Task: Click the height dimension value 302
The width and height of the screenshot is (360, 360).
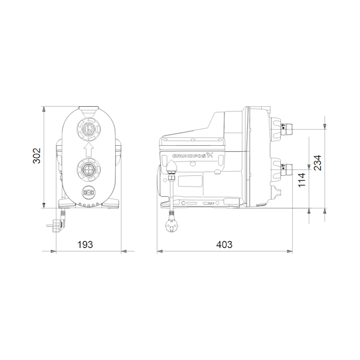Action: pos(37,155)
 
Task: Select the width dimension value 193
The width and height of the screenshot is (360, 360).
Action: pos(85,245)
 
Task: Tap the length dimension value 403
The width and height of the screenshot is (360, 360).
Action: pos(224,245)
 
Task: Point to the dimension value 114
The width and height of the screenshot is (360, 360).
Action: pos(302,180)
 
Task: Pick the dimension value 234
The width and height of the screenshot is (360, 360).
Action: pos(318,163)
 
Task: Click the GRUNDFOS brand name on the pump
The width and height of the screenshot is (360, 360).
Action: pos(190,156)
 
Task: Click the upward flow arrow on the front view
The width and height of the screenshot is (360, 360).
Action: pos(88,149)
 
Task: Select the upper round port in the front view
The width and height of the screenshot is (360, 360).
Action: pos(88,130)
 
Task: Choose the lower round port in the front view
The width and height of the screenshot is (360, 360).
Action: pos(88,170)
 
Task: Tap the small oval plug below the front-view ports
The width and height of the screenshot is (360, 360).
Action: pos(89,192)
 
